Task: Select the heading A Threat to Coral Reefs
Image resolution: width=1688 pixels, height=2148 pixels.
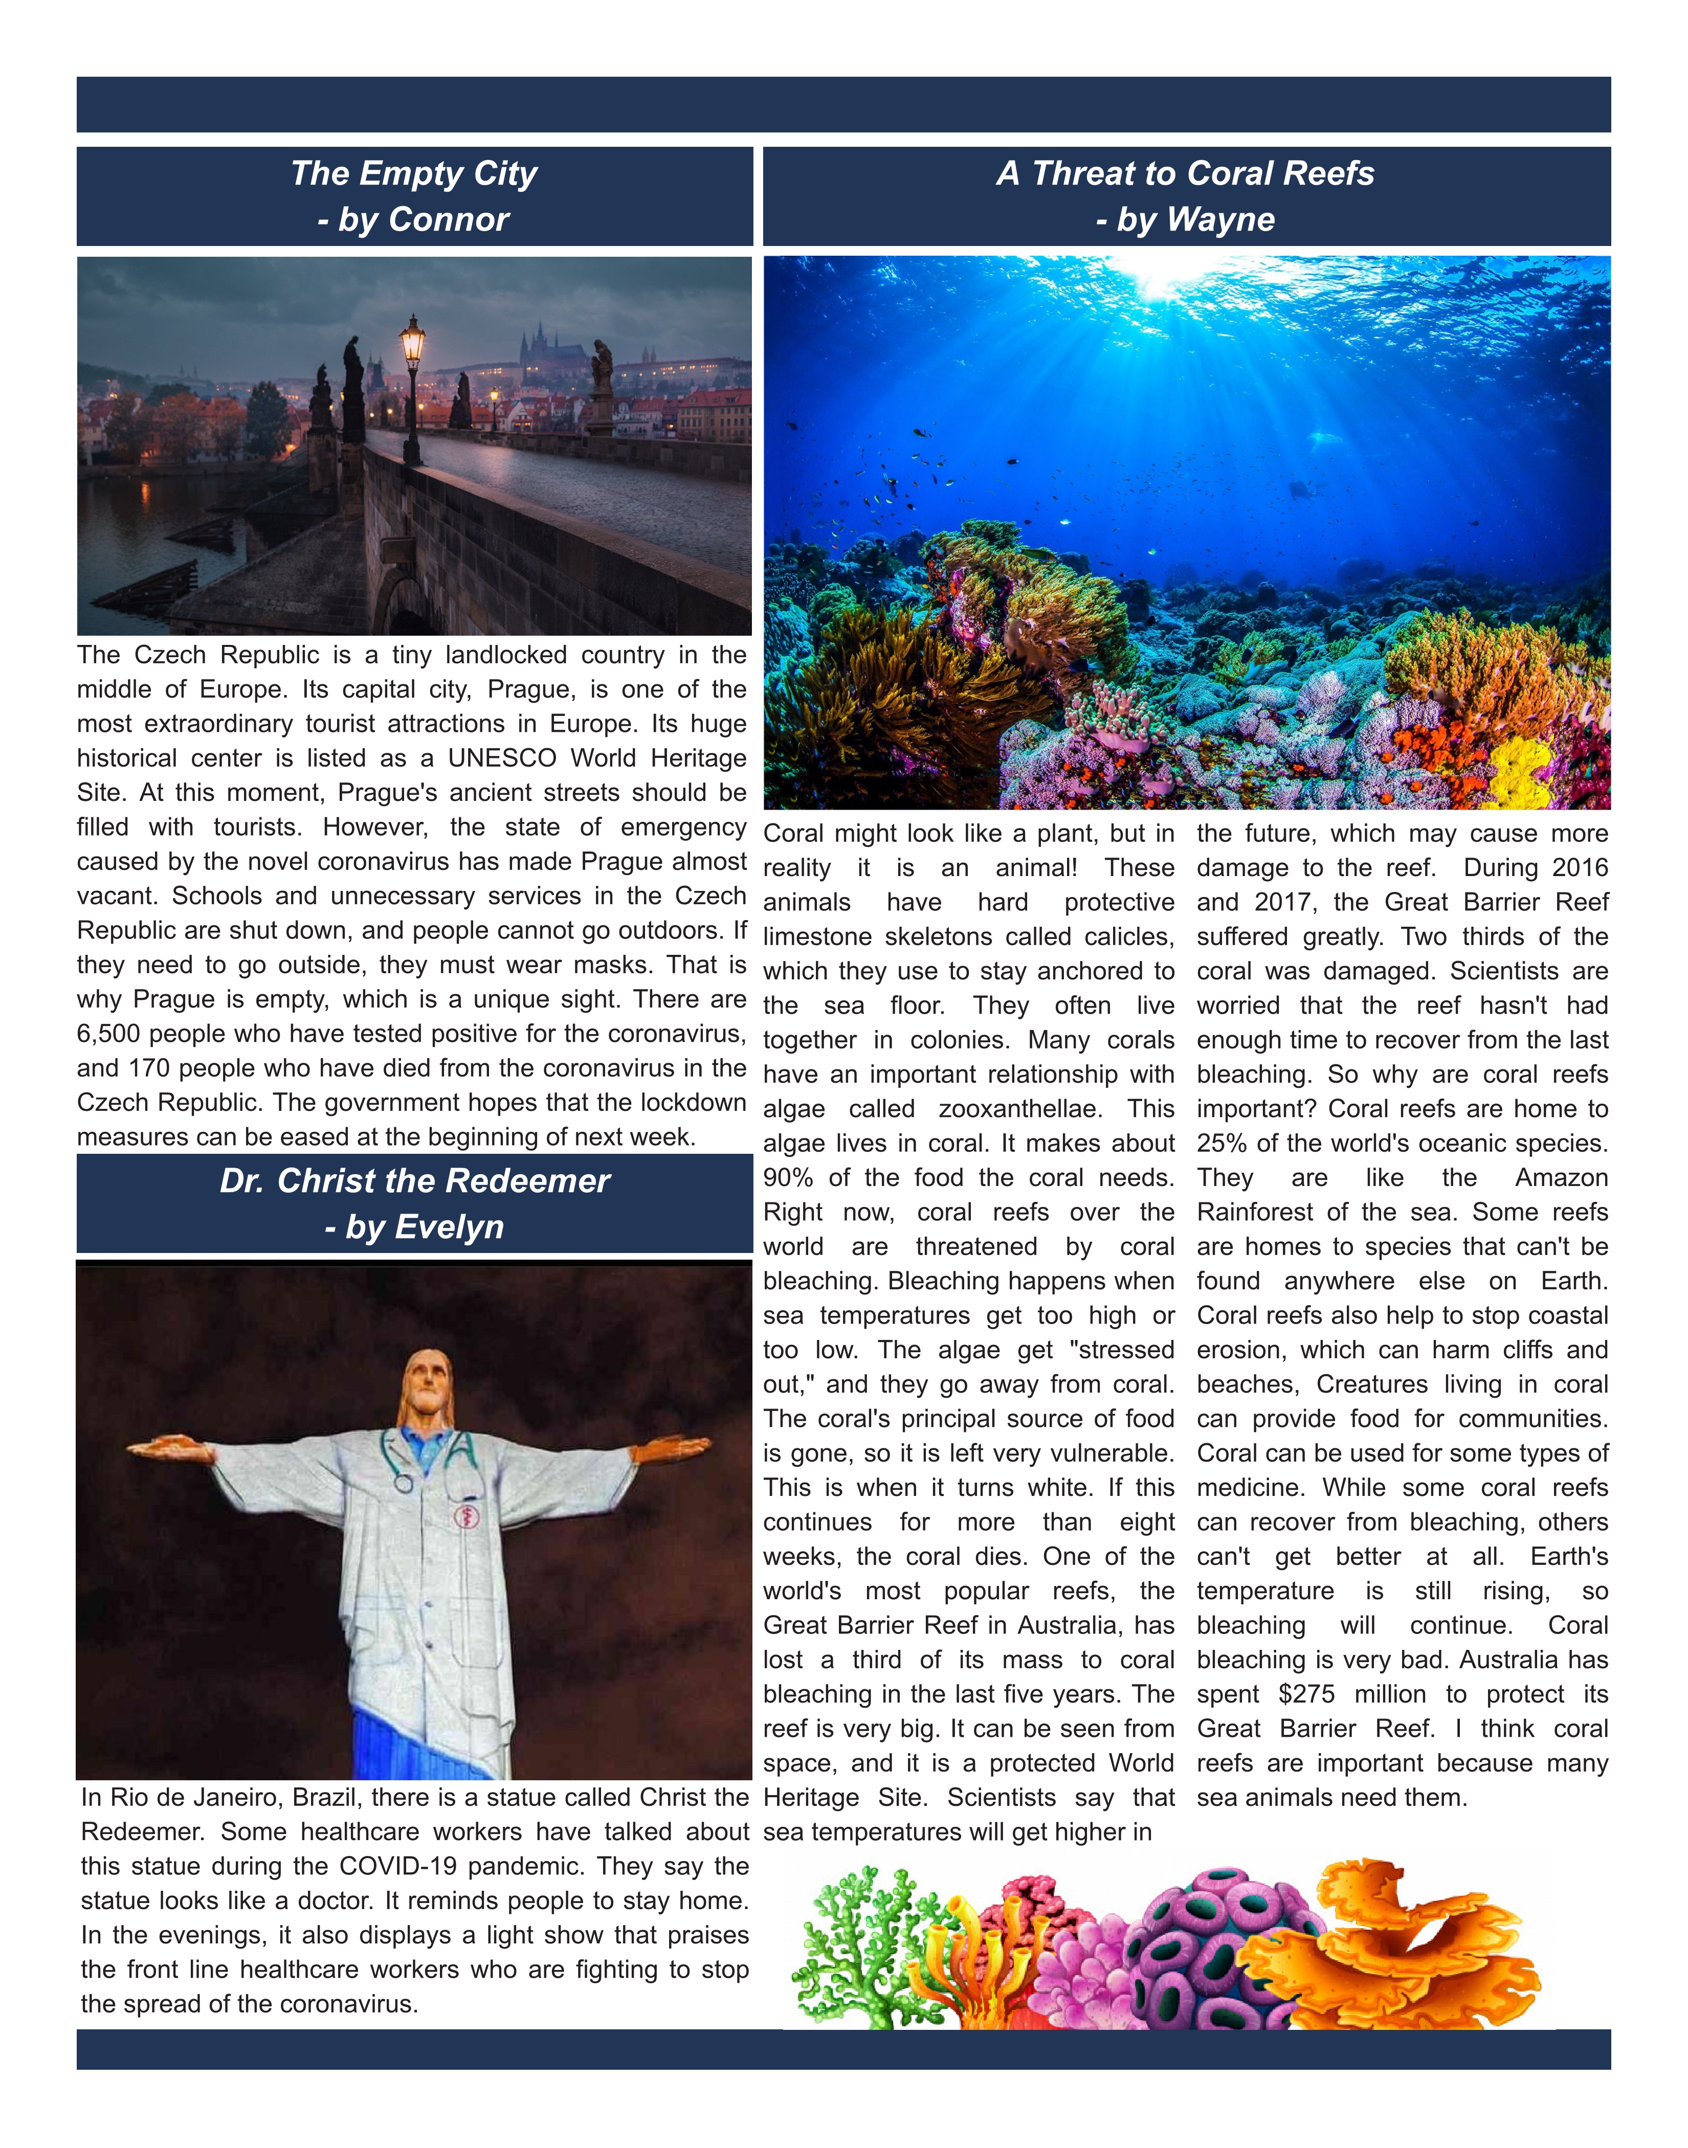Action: [x=1185, y=174]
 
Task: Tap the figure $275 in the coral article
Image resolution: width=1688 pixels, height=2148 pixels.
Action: [x=1306, y=1694]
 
